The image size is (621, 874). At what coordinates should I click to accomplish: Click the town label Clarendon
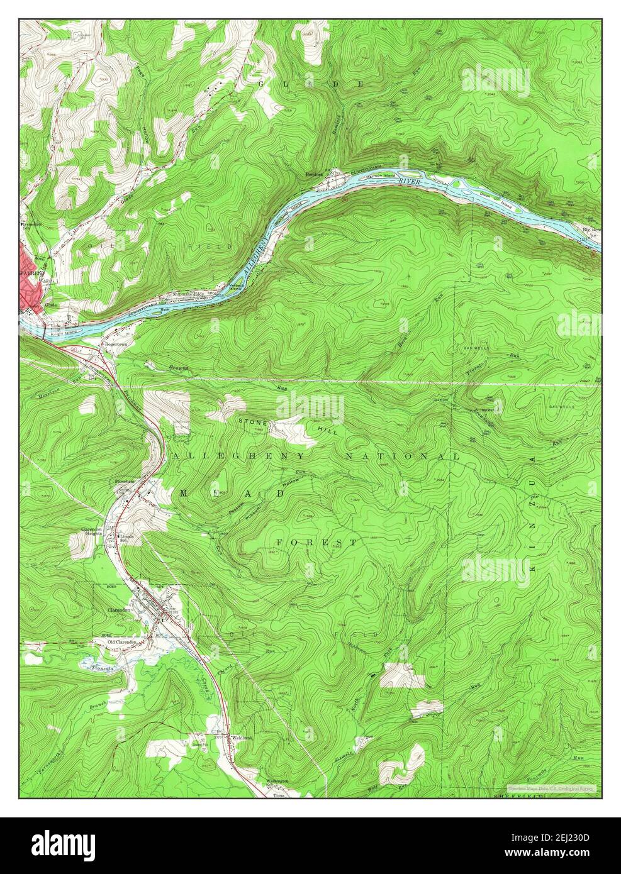pos(118,610)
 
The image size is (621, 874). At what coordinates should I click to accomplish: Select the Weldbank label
pos(242,737)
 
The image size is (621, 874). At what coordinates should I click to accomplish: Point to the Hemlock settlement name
pos(314,172)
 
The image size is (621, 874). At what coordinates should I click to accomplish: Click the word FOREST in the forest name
pos(318,541)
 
